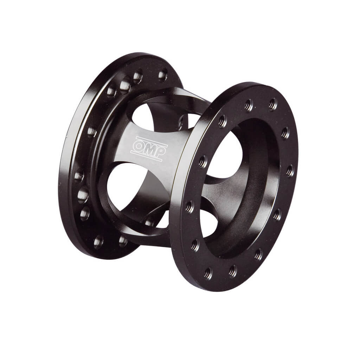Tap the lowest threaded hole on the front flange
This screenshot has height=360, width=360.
pos(208,273)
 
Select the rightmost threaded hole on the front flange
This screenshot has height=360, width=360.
pos(290,171)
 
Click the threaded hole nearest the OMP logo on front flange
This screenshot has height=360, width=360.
pos(203,161)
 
